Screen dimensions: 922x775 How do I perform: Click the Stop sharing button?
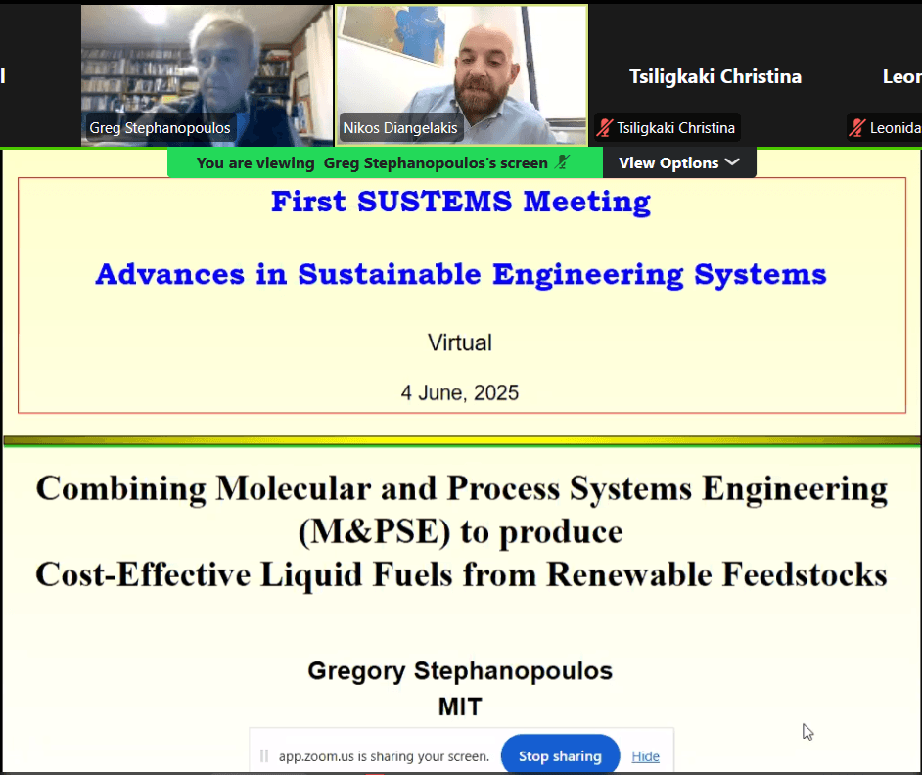point(560,755)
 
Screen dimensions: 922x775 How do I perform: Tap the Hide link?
point(645,756)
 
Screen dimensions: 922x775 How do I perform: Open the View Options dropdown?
point(679,162)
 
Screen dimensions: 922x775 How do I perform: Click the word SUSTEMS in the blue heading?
point(435,202)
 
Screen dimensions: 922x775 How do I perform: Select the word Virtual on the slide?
point(460,342)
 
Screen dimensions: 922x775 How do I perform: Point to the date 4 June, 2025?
point(460,392)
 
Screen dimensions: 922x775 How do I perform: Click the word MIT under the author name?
point(460,707)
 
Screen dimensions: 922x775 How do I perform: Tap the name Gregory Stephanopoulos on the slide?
point(460,671)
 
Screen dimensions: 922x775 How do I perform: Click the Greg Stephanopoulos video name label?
point(160,128)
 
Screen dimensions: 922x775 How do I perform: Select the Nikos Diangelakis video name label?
point(400,128)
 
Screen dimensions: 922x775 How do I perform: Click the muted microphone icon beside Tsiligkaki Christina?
point(605,127)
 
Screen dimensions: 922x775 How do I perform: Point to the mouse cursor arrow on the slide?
point(807,732)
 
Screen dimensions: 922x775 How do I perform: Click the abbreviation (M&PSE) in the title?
point(375,531)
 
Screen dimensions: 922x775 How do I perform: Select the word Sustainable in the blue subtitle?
point(390,274)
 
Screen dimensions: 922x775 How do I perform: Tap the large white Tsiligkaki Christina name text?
point(715,76)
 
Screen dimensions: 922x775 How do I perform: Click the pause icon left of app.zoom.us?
point(264,755)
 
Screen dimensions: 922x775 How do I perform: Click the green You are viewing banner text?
point(372,162)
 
